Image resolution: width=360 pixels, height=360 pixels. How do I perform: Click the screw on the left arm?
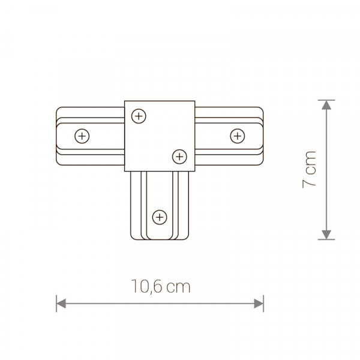click(82, 136)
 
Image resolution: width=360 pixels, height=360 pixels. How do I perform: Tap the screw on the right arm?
click(238, 136)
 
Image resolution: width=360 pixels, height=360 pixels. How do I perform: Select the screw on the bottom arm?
click(160, 217)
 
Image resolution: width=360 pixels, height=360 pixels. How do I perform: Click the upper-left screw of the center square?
click(139, 116)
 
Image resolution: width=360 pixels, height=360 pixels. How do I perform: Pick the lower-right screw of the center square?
click(179, 157)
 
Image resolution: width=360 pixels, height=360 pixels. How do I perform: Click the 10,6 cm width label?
click(161, 286)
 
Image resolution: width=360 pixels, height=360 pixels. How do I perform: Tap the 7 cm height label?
click(309, 170)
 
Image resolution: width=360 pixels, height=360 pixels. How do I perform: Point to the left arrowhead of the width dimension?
click(61, 304)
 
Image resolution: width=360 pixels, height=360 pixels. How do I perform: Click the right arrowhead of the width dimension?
click(259, 304)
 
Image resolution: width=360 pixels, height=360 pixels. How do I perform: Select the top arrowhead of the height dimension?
click(326, 105)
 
